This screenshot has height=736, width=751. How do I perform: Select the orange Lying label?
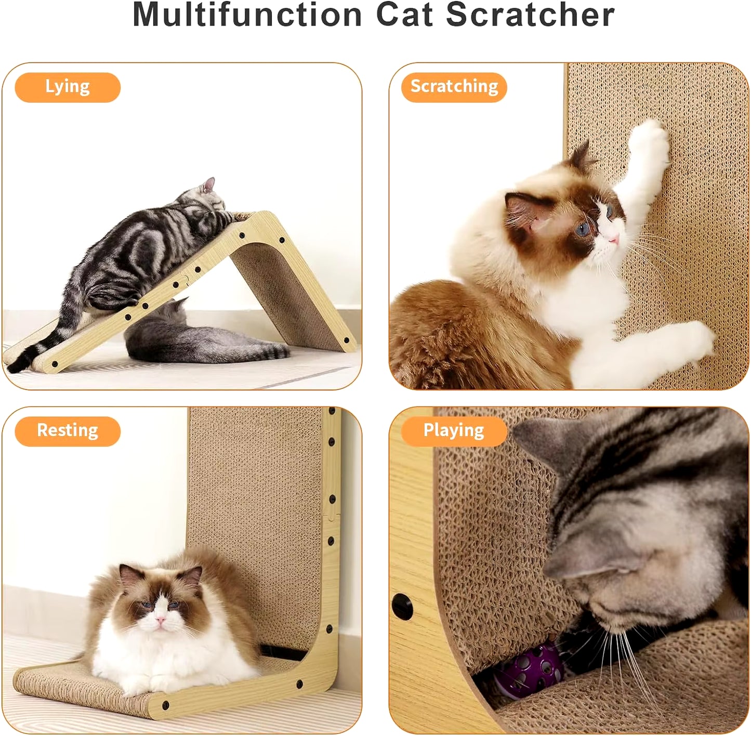68,87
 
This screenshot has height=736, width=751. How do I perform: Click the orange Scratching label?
454,87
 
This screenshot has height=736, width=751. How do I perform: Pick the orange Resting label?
68,431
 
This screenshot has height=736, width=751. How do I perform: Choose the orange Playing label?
454,431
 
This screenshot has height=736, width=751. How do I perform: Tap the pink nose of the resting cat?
161,620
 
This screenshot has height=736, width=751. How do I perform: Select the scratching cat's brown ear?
522,208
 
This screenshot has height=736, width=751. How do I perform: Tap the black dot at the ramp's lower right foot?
347,341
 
